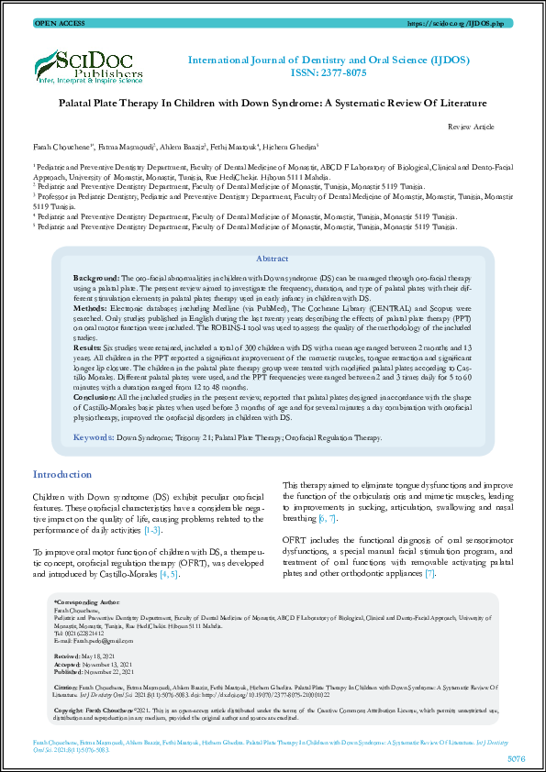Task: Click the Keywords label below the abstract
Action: [x=93, y=439]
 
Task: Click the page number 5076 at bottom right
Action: [x=516, y=759]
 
